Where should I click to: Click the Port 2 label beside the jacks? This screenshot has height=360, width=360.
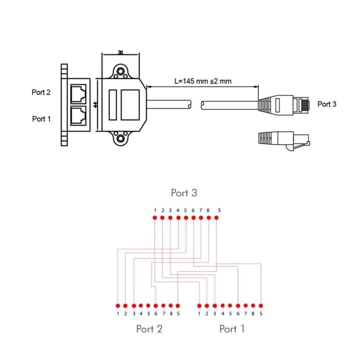point(41,93)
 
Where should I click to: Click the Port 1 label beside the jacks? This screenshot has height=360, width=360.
point(41,119)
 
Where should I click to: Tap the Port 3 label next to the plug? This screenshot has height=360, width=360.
point(327,104)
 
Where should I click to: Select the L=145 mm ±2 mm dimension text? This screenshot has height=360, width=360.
point(203,81)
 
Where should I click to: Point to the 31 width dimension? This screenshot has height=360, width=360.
point(121,53)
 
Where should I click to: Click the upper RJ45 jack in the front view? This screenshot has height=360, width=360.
point(78,94)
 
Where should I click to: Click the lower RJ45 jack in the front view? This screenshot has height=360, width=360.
point(78,116)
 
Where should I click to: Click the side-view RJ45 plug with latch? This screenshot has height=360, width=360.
point(284,140)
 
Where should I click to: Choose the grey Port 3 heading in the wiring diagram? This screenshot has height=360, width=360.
point(184,193)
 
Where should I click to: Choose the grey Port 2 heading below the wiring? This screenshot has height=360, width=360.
point(149,329)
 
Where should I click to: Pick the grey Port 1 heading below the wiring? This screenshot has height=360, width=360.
point(232,329)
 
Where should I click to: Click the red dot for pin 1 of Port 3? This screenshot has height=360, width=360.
point(155,217)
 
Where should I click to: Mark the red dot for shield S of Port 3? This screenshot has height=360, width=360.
point(216,217)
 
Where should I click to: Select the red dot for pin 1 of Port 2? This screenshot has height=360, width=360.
point(118,306)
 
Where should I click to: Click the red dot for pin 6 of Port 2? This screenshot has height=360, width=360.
point(156,306)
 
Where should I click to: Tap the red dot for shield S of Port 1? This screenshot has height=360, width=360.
point(261,306)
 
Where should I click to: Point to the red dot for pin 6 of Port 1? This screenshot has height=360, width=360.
point(238,306)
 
